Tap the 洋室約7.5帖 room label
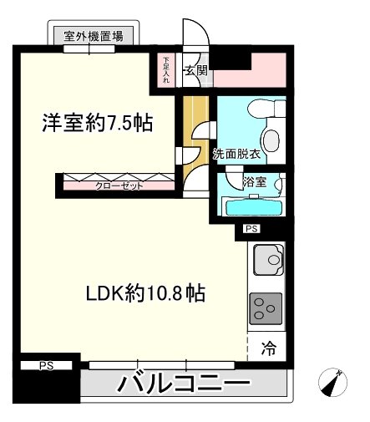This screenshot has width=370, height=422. [98, 124]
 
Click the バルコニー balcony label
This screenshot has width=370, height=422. [183, 385]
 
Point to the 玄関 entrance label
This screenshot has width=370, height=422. [196, 71]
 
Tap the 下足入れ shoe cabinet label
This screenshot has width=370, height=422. [165, 70]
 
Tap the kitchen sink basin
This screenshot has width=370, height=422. [271, 260]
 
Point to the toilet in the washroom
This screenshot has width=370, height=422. [273, 140]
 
